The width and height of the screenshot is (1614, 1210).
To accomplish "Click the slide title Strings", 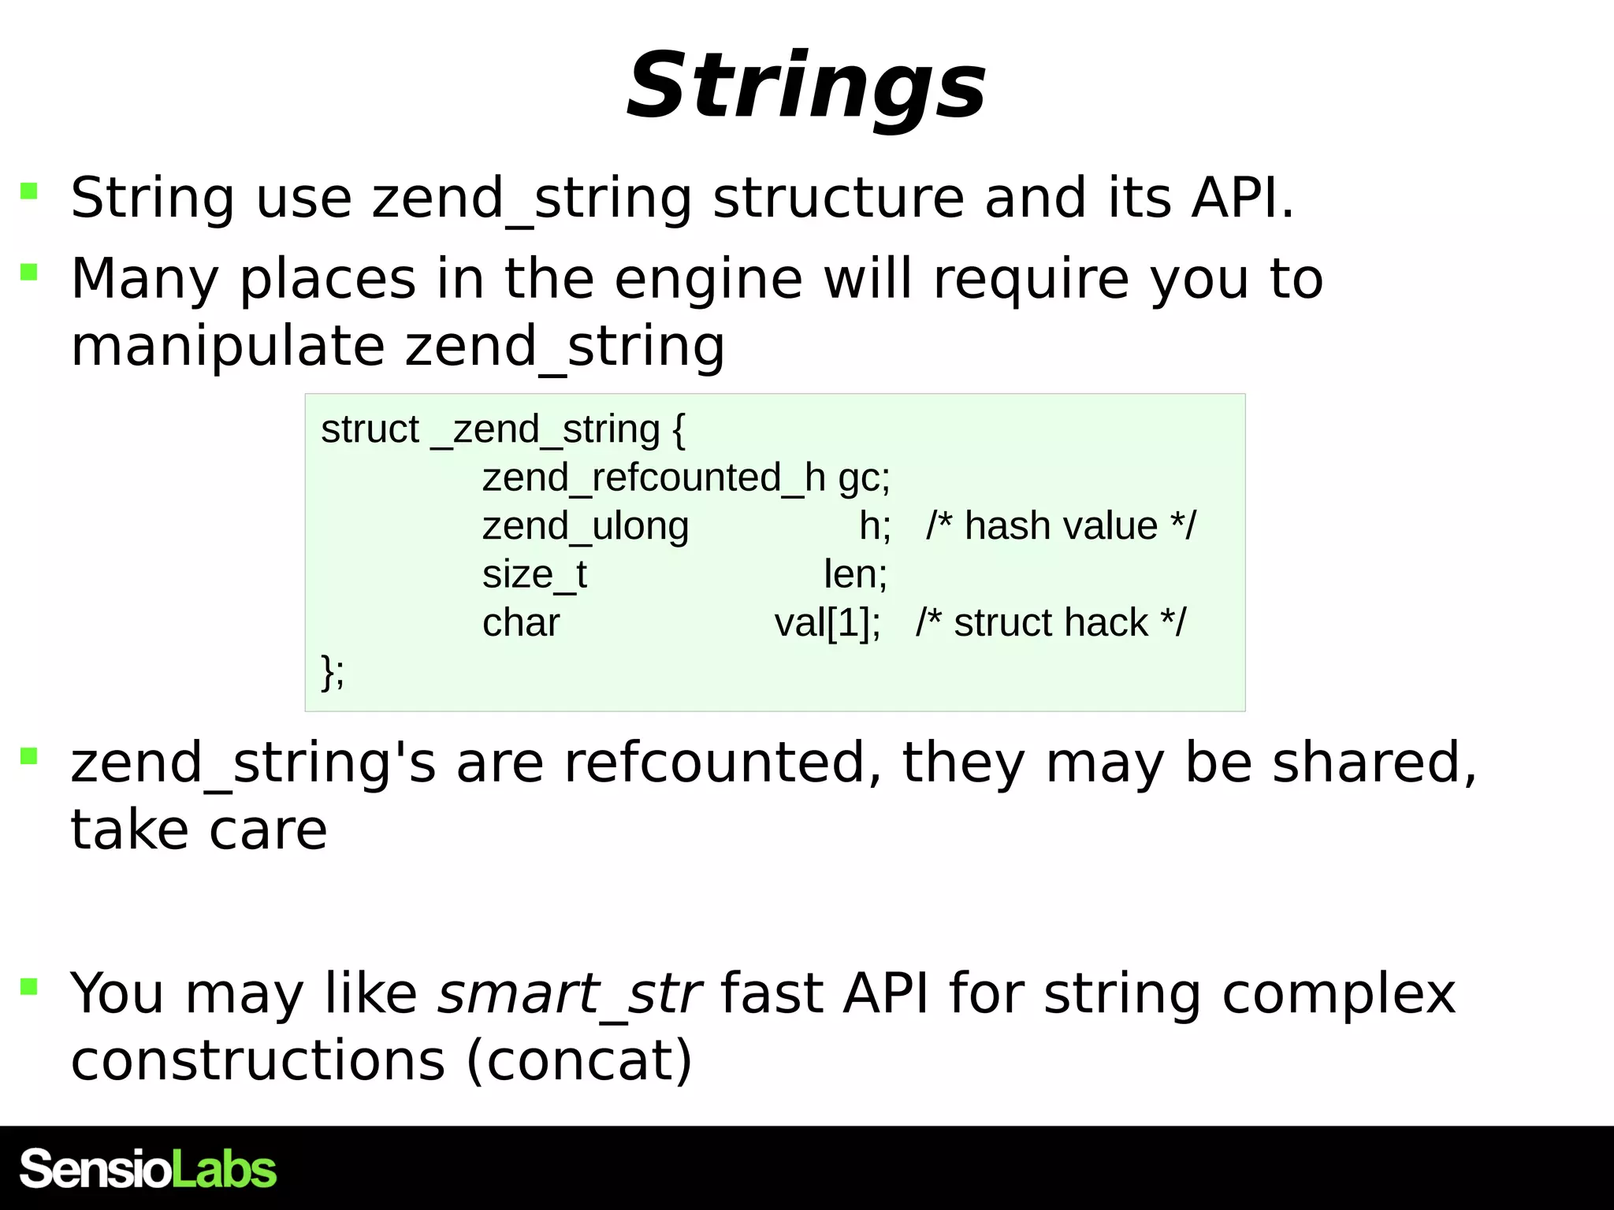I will [806, 86].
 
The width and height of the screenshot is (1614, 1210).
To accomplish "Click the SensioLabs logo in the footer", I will [148, 1168].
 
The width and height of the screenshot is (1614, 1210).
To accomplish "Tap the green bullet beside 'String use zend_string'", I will [29, 191].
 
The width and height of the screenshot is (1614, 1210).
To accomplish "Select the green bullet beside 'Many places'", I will [29, 273].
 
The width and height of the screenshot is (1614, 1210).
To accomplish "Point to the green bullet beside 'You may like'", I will [29, 986].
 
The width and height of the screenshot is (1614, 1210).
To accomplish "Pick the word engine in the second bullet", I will [708, 279].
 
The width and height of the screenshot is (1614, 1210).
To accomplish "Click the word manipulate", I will [228, 347].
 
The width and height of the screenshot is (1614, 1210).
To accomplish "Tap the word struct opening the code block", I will [370, 429].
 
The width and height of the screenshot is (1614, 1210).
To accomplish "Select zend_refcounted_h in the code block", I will [653, 477].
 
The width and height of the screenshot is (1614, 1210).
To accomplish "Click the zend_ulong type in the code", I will [586, 526].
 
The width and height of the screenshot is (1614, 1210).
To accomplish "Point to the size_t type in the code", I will [534, 574].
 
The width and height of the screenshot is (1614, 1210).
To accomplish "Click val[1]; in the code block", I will [827, 623].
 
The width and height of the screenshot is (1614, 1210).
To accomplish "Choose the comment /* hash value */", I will [1061, 526].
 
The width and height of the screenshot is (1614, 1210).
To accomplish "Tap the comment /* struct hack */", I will [1051, 623].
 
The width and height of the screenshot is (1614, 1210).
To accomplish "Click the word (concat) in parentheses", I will [579, 1061].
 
